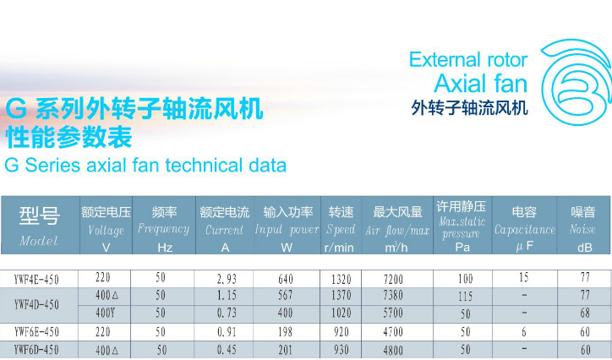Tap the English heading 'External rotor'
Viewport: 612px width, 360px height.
[x=468, y=60]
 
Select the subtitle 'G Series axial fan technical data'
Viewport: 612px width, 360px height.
[x=145, y=165]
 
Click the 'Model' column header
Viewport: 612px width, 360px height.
[x=39, y=225]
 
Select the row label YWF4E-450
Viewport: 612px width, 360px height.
[x=36, y=279]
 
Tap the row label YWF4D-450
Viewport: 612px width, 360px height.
[x=36, y=304]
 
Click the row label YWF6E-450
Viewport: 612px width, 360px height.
[x=36, y=332]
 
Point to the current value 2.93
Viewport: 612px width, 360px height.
[x=227, y=279]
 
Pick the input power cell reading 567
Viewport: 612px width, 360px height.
[x=286, y=295]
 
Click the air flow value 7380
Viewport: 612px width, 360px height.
[x=393, y=295]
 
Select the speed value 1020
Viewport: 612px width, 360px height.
[x=342, y=313]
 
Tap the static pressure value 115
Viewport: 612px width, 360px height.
[x=465, y=297]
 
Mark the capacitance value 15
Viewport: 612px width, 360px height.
[x=524, y=277]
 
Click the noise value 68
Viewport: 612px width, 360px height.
[x=585, y=313]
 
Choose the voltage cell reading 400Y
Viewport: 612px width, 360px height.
[x=106, y=313]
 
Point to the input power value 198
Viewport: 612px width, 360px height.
[x=286, y=332]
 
